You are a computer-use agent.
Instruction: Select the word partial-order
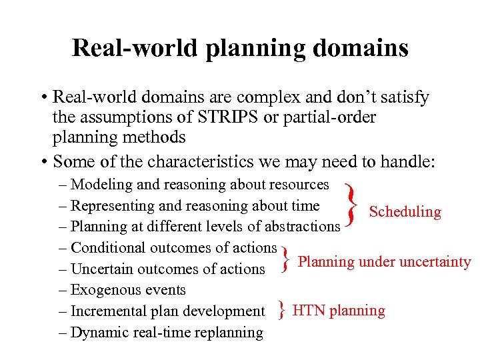click(x=326, y=117)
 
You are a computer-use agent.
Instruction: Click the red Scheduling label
click(x=405, y=212)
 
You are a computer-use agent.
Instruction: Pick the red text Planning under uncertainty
click(x=384, y=261)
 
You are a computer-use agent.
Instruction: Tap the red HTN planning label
click(x=339, y=311)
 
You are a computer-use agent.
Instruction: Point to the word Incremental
click(x=111, y=311)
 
